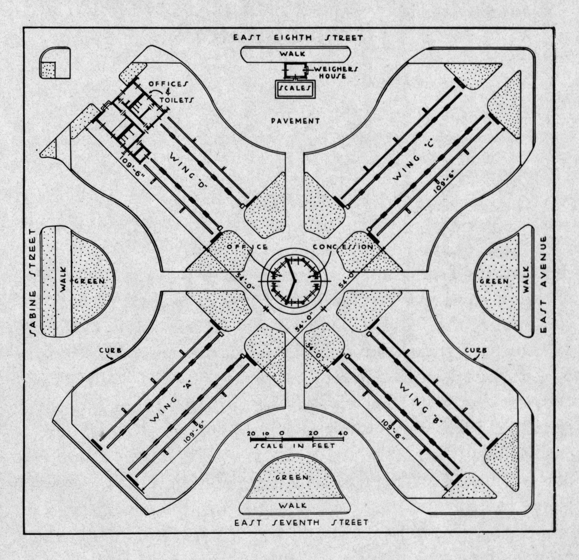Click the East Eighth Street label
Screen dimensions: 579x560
[x=297, y=38]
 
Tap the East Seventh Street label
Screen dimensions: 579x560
[x=301, y=522]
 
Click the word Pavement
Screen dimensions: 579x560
[x=296, y=121]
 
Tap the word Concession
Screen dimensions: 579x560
[x=343, y=247]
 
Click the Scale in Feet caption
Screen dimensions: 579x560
[x=295, y=446]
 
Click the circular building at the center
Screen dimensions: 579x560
[x=294, y=281]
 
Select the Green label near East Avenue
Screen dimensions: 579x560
[x=494, y=281]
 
